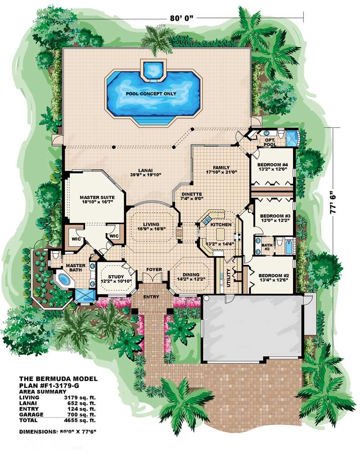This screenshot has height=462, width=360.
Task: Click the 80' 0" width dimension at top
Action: coord(182,18)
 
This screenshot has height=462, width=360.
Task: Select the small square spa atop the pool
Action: coord(154,70)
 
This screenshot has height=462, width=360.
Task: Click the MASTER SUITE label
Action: coord(97,197)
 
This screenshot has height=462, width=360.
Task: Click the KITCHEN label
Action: coord(221,224)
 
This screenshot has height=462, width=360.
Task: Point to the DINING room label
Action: coord(191,274)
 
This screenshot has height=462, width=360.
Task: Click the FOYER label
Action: coord(154,269)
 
